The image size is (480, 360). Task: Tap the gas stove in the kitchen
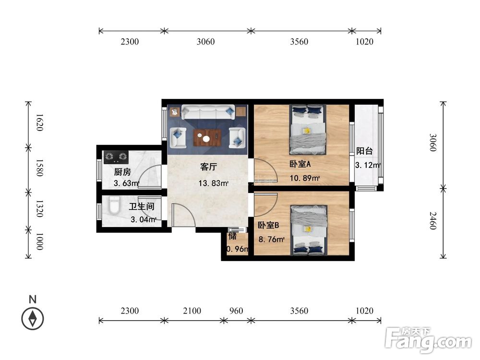pos(116,157)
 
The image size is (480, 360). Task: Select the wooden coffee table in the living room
pos(207,138)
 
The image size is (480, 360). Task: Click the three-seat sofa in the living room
pos(208,112)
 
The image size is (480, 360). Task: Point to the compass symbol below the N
pos(33,319)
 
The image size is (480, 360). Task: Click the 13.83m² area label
pos(214,183)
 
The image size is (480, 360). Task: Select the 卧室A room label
pos(300,164)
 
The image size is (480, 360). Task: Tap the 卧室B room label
pos(268,225)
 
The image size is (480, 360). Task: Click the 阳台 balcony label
pos(364,151)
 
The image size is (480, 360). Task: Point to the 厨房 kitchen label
pos(122,172)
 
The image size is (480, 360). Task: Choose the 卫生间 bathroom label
pos(142,206)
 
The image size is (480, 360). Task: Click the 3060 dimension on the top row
pos(205,42)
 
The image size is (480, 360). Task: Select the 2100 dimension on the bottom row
pos(192,311)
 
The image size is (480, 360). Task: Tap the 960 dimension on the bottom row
pos(236,311)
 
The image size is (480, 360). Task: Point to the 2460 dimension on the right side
pos(432,221)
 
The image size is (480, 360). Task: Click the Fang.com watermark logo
pos(428,339)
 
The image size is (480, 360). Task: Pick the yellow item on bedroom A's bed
pos(307,131)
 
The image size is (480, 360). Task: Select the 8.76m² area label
pos(272,239)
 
